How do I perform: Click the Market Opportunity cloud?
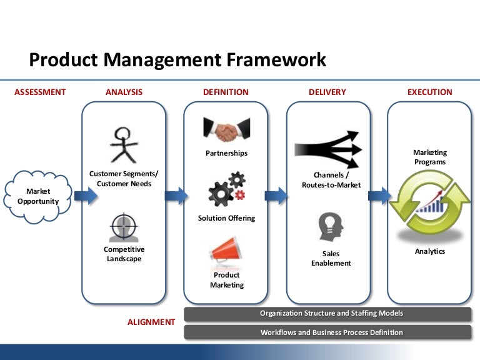click(38, 196)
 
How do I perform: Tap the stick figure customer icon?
click(123, 144)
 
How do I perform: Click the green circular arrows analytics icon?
click(429, 202)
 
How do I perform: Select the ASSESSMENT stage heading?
click(40, 92)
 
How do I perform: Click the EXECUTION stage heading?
click(429, 92)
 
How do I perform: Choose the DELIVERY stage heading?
click(327, 92)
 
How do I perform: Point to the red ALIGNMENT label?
click(151, 322)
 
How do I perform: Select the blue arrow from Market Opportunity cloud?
click(86, 196)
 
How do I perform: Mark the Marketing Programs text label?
click(430, 157)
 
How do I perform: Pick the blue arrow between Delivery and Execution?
click(379, 196)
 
